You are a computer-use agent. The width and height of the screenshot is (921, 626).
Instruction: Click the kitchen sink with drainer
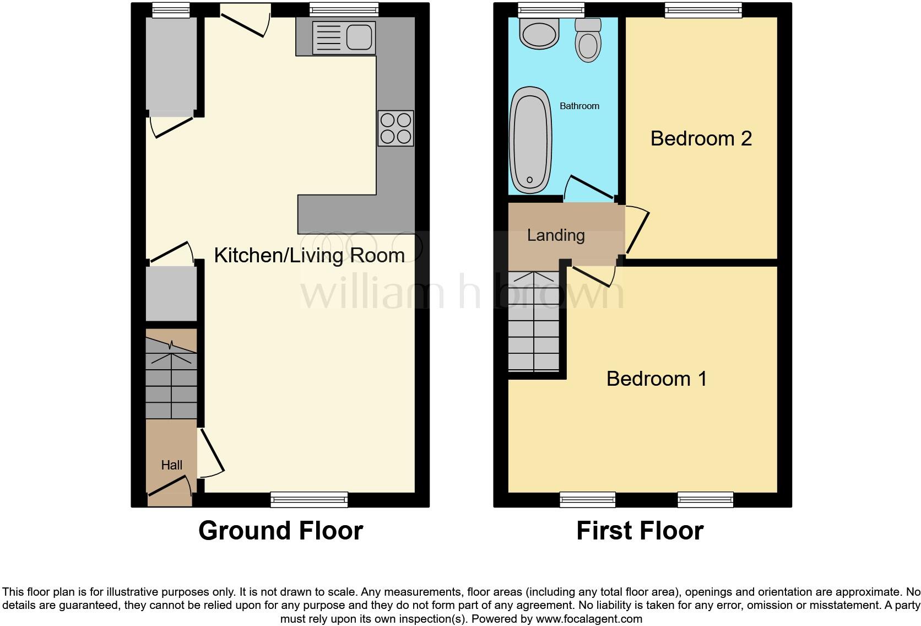coord(344,37)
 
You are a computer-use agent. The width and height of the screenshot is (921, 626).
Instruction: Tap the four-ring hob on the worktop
coord(396,128)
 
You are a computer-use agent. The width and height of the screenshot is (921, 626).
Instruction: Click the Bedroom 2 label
coord(701,138)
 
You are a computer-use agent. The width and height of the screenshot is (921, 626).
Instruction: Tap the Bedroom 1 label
coord(656,379)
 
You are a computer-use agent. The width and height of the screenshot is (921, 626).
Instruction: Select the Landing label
coord(555,235)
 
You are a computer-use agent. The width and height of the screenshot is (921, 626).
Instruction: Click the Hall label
coord(171,465)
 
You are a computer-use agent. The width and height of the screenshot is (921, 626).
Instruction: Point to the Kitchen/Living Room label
coord(309,255)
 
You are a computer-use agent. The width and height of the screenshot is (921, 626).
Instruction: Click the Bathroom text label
coord(579,106)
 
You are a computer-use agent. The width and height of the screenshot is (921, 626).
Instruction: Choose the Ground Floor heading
coord(280,531)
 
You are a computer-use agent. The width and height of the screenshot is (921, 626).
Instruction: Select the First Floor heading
coord(640,531)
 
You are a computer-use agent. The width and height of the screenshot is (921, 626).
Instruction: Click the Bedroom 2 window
coord(703,9)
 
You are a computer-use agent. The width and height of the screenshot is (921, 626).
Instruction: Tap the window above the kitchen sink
coord(344,9)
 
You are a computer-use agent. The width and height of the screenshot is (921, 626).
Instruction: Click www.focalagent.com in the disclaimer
coord(589,619)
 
